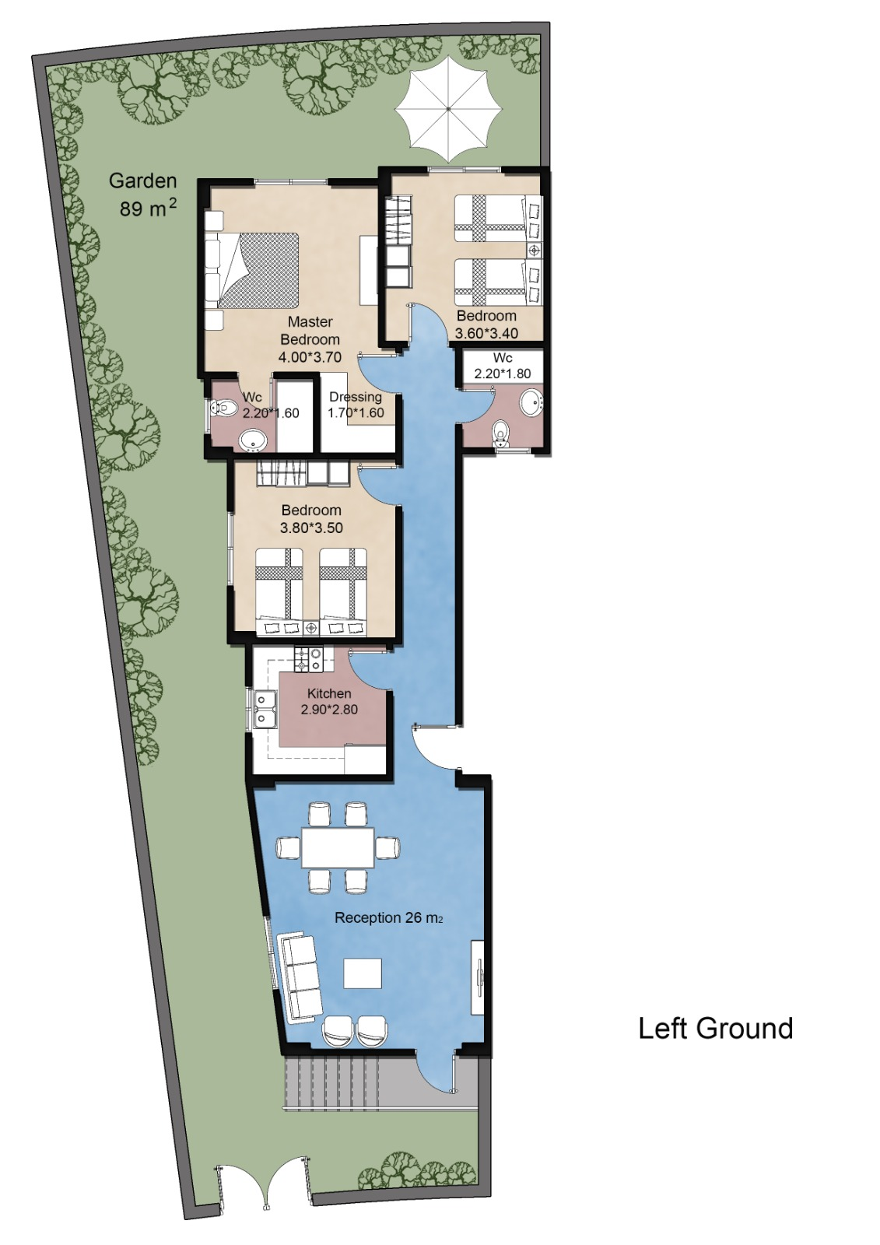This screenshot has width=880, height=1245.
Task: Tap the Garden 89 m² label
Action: point(143,195)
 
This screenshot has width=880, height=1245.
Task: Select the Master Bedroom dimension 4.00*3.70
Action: point(310,357)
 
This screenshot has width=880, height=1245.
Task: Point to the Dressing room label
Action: point(356,397)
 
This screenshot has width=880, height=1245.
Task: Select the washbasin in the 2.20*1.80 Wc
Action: point(532,402)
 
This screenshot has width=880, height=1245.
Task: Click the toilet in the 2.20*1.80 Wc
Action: point(501,433)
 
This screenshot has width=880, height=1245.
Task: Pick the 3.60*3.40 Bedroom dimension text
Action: point(487,334)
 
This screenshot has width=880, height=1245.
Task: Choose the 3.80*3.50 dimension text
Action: point(311,528)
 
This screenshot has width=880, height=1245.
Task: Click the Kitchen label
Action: point(329,693)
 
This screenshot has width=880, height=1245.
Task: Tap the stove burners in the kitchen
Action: point(309,659)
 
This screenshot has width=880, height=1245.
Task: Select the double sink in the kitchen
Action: point(265,709)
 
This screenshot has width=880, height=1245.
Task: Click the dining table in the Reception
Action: point(338,847)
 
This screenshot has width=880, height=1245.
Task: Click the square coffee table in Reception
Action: point(363,973)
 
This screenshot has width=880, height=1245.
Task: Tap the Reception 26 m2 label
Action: point(388,917)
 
